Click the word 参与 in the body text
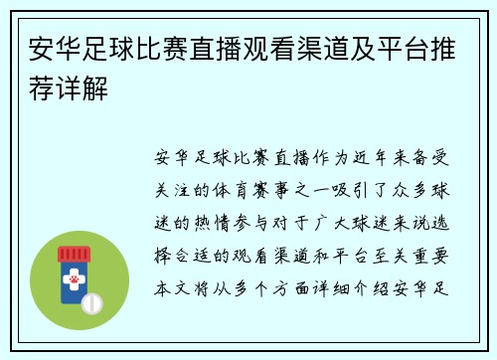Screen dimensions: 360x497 point(273,213)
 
